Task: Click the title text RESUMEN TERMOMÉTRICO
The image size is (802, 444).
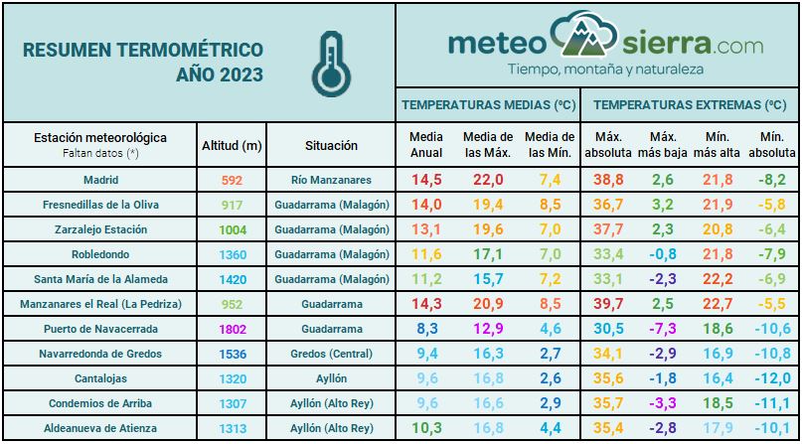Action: [142, 49]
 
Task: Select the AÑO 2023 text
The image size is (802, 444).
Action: [219, 74]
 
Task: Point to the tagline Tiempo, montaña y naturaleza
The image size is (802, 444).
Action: [605, 70]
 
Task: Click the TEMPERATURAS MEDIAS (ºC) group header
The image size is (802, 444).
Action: [489, 104]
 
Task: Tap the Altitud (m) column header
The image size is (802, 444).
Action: [232, 145]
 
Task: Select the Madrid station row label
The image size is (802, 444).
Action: [100, 180]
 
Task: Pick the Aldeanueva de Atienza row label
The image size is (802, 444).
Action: [100, 428]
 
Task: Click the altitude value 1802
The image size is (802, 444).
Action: [232, 329]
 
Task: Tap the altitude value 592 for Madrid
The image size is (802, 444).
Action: [232, 180]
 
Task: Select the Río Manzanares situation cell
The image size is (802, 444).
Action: [332, 180]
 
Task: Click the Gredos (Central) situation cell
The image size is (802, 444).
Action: [332, 354]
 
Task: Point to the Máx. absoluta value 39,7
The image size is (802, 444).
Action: [607, 304]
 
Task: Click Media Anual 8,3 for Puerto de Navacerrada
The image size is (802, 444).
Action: [426, 329]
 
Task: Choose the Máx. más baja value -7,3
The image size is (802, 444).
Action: [662, 329]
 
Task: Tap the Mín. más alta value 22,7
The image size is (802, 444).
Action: [717, 304]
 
